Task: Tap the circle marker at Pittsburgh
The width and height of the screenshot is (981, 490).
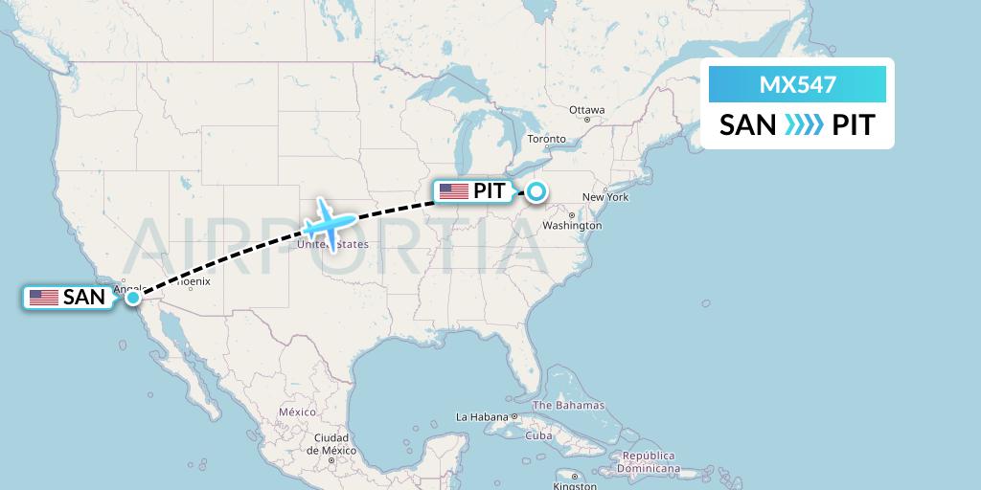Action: pyautogui.click(x=536, y=190)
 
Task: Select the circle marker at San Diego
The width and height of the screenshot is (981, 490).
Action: pyautogui.click(x=132, y=298)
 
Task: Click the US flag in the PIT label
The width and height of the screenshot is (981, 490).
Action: pyautogui.click(x=453, y=191)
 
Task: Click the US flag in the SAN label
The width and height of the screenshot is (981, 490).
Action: pyautogui.click(x=44, y=298)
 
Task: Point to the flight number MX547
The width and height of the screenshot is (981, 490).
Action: pyautogui.click(x=797, y=85)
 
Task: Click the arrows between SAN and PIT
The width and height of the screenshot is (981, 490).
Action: pyautogui.click(x=803, y=125)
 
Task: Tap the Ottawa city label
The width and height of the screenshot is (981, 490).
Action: pyautogui.click(x=586, y=110)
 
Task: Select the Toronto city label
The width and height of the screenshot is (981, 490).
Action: pyautogui.click(x=546, y=139)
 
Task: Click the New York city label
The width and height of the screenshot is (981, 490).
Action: pyautogui.click(x=605, y=197)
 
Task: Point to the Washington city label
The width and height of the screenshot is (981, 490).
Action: pyautogui.click(x=571, y=226)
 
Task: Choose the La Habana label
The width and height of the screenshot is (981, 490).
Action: pyautogui.click(x=482, y=417)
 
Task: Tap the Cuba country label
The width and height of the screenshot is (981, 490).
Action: pyautogui.click(x=539, y=435)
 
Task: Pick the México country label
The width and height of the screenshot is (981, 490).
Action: pyautogui.click(x=297, y=412)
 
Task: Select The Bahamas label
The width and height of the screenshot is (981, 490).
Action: pyautogui.click(x=568, y=406)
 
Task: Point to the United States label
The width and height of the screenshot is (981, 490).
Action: pyautogui.click(x=332, y=245)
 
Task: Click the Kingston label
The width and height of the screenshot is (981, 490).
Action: pyautogui.click(x=575, y=485)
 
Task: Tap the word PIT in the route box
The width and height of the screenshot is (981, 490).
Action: pyautogui.click(x=853, y=125)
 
